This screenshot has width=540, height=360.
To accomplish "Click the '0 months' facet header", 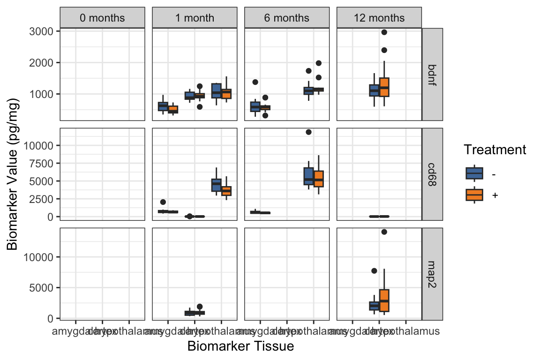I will [x=102, y=18].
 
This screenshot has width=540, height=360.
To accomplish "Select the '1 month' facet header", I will [x=194, y=18].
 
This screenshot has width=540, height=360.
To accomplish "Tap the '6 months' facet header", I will [x=286, y=18].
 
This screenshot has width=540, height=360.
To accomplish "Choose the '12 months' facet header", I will [x=379, y=18].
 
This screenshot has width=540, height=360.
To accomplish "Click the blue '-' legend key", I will [x=474, y=173].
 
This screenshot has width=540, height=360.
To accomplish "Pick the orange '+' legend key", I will [x=474, y=195].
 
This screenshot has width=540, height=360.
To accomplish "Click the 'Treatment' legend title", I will [x=495, y=150].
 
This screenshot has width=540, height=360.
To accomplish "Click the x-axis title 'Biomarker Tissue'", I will [x=240, y=346].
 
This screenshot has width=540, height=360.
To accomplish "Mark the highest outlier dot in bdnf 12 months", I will [x=384, y=32].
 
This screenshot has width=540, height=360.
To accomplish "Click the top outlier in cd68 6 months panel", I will [x=308, y=132].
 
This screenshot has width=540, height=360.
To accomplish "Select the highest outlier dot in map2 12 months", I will [x=384, y=232].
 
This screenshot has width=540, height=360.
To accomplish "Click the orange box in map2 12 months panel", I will [x=384, y=300].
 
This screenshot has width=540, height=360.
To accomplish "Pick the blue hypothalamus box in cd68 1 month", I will [x=216, y=185].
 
